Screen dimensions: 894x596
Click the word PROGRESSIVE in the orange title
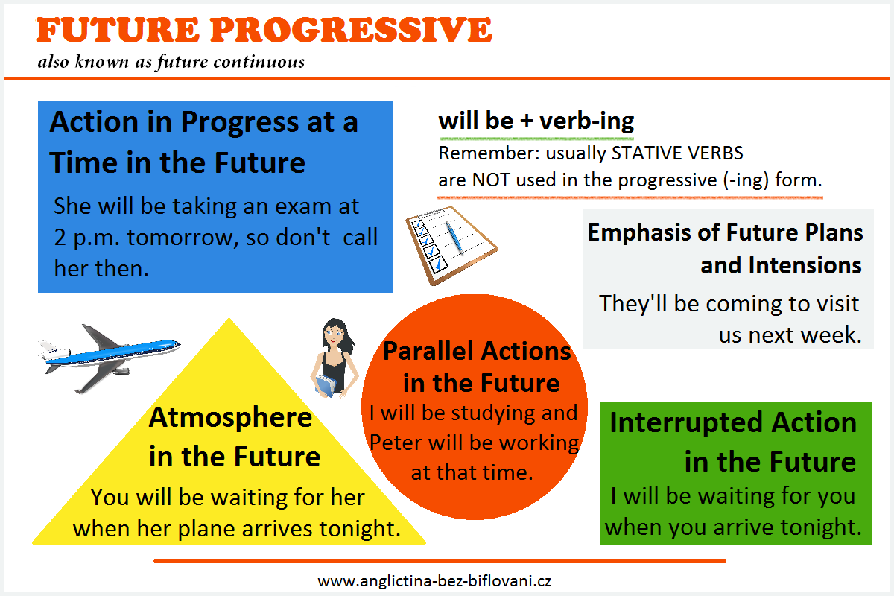point(351,30)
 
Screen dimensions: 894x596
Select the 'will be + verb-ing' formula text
point(536,121)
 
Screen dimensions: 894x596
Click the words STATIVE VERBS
point(677,153)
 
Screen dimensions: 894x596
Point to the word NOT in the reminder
point(491,180)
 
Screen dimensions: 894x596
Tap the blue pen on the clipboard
point(454,237)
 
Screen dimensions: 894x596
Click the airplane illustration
point(109,358)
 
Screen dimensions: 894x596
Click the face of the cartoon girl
point(334,338)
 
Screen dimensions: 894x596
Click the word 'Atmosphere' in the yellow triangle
point(230,418)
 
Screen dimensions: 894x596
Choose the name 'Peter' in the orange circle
point(396,443)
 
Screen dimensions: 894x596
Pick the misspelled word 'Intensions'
point(781,265)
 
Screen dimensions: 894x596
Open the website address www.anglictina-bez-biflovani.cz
point(434,581)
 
